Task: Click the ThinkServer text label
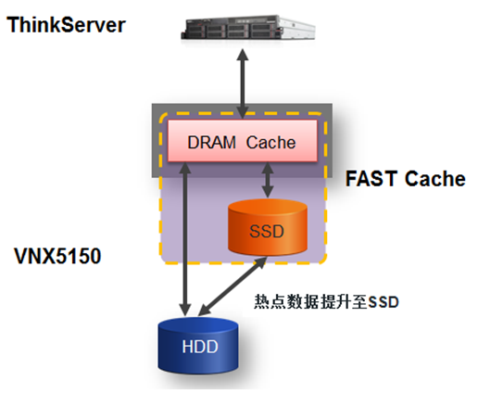(66, 25)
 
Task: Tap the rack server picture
(248, 28)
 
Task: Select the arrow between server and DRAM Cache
(243, 83)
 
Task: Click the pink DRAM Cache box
(243, 141)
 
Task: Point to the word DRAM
(212, 143)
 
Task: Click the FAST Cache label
(406, 179)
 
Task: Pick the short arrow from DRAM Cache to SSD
(268, 180)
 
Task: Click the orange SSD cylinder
(268, 227)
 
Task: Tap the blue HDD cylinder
(198, 345)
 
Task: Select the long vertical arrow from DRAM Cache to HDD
(185, 239)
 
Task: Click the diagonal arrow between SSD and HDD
(233, 286)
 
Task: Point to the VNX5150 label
(57, 256)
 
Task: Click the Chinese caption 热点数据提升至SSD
(326, 302)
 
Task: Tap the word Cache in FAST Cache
(435, 179)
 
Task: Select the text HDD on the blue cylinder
(200, 347)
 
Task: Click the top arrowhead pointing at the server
(243, 55)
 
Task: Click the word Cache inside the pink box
(270, 143)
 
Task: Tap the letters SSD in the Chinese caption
(384, 302)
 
